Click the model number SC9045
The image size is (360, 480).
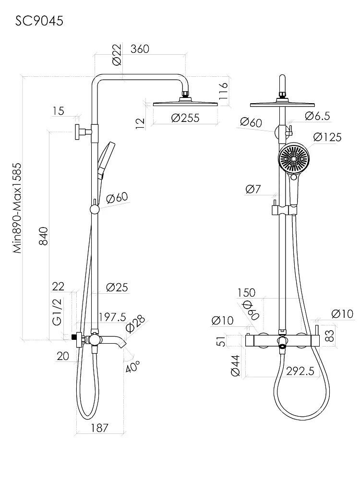pos(39,21)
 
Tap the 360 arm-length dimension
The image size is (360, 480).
pos(140,49)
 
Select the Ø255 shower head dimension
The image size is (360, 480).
pos(185,118)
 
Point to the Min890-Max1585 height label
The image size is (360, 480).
pos(17,208)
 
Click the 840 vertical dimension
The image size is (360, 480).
pos(44,236)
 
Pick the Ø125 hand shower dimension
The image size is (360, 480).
pos(327,137)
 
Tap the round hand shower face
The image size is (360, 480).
pos(294,159)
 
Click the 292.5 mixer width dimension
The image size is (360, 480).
pos(300,372)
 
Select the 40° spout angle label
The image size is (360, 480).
pos(132,366)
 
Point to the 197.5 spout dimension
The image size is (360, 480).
pos(112,317)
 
